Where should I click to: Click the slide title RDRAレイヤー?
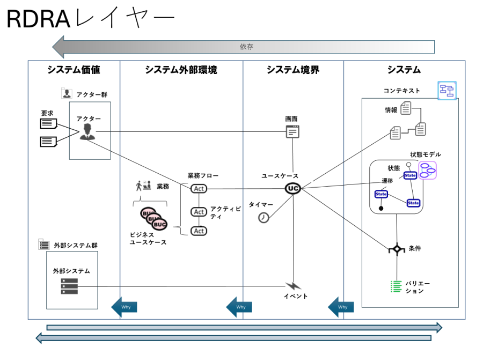tap(90, 19)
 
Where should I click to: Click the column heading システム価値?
tap(74, 70)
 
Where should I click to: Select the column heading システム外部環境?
tap(181, 70)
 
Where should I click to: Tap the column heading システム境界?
tap(293, 70)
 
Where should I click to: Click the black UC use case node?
tap(293, 188)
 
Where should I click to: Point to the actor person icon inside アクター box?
tap(86, 132)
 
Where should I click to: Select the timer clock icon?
tap(264, 217)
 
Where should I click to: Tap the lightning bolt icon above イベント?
tap(293, 286)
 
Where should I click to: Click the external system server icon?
tap(69, 286)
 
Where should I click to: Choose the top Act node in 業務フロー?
tap(199, 189)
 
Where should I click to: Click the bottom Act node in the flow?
tap(199, 231)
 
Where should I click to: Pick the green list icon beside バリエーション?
tap(396, 286)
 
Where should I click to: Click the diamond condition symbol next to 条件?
tap(397, 249)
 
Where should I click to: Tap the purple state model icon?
tap(428, 170)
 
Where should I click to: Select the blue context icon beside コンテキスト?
tap(447, 90)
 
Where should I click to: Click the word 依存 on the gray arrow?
tap(246, 47)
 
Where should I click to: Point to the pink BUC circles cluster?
tap(153, 218)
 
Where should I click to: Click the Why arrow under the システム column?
tap(338, 307)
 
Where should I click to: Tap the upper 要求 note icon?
tap(48, 123)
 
